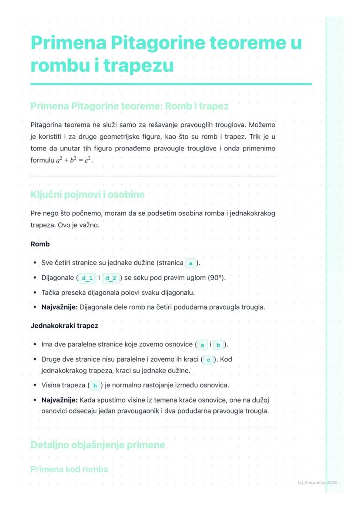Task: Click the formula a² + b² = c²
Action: (x=75, y=160)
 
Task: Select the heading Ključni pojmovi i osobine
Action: (x=87, y=194)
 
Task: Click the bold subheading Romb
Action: (x=40, y=244)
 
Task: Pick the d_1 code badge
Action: (x=87, y=278)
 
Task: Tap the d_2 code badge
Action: (x=111, y=278)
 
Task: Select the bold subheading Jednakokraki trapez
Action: (x=64, y=326)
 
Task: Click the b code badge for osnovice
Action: (x=218, y=345)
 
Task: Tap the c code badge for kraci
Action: (x=209, y=359)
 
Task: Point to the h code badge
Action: (x=94, y=385)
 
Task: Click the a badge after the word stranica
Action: (x=191, y=263)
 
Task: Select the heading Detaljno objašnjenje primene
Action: (x=98, y=445)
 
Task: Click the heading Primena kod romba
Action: (x=69, y=469)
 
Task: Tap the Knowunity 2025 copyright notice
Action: (x=317, y=482)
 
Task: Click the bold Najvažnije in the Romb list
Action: (x=59, y=307)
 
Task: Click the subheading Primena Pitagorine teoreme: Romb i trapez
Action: (x=130, y=106)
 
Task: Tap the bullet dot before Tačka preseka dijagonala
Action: (x=35, y=293)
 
